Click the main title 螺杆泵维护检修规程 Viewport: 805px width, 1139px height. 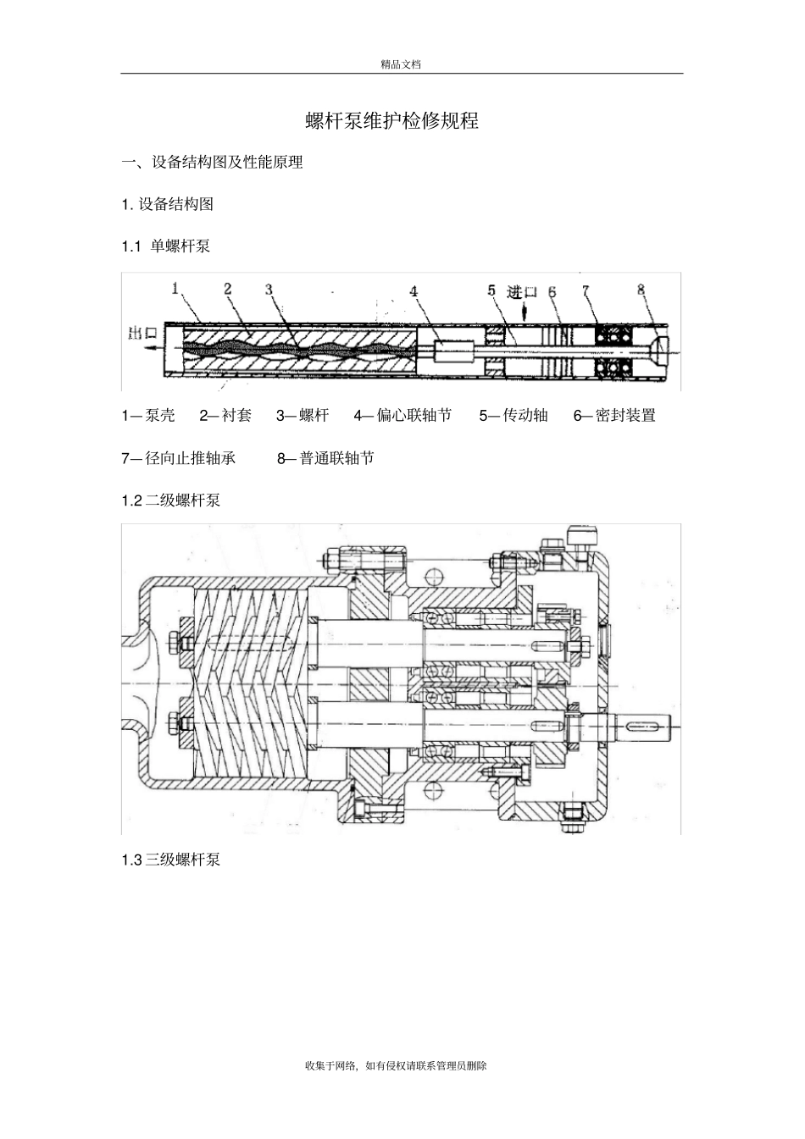pyautogui.click(x=391, y=121)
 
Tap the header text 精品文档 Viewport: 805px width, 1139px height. pyautogui.click(x=401, y=64)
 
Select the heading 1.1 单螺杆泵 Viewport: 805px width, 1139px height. pyautogui.click(x=166, y=246)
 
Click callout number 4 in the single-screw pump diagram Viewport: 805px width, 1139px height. pyautogui.click(x=414, y=291)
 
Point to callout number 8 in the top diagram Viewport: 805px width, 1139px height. pyautogui.click(x=641, y=290)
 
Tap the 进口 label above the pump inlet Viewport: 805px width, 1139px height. pyautogui.click(x=522, y=292)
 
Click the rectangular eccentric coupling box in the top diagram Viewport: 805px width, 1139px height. pyautogui.click(x=454, y=351)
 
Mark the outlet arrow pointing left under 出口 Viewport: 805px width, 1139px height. pyautogui.click(x=153, y=348)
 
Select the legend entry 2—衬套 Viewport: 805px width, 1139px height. pyautogui.click(x=225, y=416)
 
